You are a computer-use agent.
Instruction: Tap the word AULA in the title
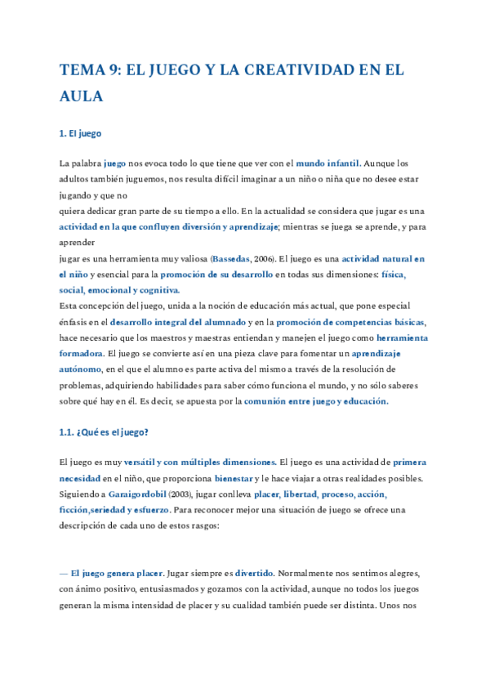click(x=82, y=96)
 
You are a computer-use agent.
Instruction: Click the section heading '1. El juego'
click(x=80, y=133)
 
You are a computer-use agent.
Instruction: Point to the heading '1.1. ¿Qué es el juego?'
click(x=104, y=432)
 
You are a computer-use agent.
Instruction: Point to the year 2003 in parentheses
click(x=180, y=494)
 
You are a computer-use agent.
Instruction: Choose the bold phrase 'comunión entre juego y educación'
click(x=316, y=401)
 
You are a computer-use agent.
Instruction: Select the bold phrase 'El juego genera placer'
click(x=117, y=574)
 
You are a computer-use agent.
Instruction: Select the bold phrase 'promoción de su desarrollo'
click(x=216, y=275)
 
